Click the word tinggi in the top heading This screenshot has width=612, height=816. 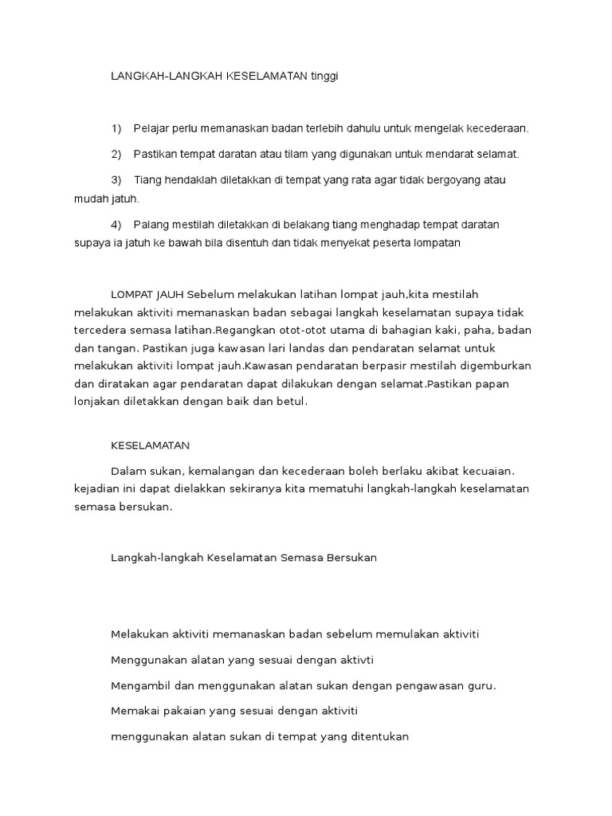(x=333, y=76)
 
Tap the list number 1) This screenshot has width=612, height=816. (x=116, y=127)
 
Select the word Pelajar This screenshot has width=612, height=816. (x=151, y=127)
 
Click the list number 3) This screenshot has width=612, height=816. (x=116, y=179)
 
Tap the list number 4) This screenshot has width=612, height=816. (x=116, y=225)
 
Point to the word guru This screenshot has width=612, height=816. (x=481, y=685)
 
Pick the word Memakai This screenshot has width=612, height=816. (x=132, y=711)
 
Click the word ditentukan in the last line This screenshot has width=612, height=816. (x=378, y=737)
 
